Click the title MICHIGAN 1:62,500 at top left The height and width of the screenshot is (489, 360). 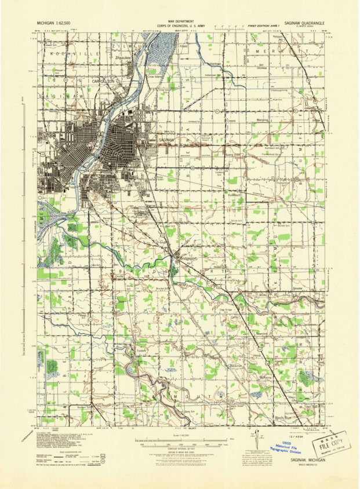[x=59, y=21]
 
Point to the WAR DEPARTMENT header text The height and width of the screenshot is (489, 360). [x=180, y=20]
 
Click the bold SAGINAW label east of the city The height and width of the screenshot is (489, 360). [x=166, y=140]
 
